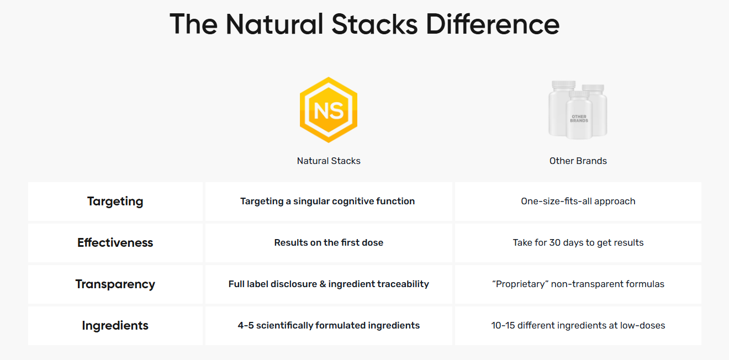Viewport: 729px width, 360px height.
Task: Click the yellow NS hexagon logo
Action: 329,110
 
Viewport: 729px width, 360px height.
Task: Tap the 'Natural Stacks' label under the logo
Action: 329,161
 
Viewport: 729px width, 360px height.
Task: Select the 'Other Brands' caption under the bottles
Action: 578,161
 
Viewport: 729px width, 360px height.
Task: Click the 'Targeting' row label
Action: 115,202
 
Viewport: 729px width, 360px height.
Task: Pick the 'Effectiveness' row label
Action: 115,242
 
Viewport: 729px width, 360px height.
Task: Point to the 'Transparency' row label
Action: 115,284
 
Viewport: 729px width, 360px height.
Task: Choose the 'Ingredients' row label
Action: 115,326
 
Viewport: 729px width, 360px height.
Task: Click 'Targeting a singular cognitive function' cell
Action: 327,201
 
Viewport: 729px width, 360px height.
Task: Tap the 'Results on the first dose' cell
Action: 329,242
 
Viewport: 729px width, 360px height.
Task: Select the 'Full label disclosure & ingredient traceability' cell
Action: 329,284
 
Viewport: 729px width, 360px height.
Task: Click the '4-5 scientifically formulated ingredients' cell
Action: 329,325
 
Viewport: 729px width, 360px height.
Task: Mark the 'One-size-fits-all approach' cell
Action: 578,201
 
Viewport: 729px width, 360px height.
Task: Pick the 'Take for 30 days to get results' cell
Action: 578,242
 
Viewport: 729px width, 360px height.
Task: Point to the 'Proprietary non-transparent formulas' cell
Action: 578,284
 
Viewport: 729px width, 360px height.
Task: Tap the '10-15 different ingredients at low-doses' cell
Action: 578,325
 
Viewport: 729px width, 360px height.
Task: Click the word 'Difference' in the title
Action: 493,24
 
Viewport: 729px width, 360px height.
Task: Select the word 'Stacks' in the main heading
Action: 374,24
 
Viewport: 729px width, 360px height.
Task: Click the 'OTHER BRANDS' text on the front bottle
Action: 579,119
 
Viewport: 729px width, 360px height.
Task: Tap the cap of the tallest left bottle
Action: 564,84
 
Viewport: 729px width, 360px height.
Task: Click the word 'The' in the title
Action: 193,24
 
